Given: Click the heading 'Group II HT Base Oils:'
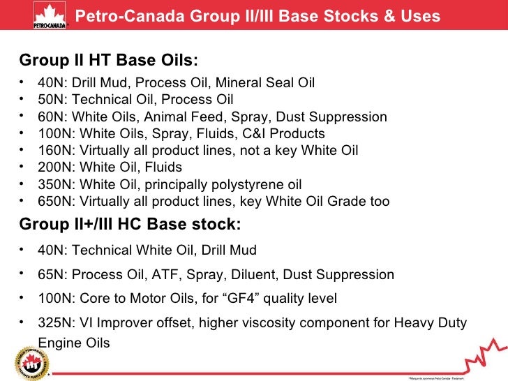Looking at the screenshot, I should coord(104,60).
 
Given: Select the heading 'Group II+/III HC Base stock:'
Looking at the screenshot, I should coord(130,224).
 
